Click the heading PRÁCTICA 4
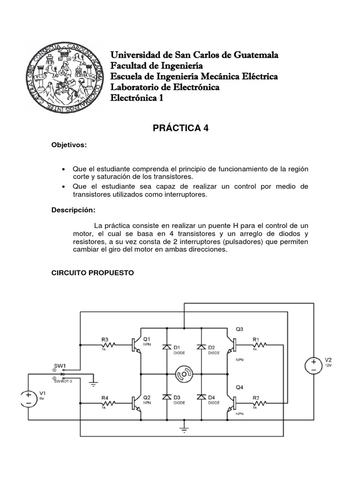(x=180, y=128)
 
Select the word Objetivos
(x=69, y=145)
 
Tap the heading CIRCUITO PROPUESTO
(x=92, y=272)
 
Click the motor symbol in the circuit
(x=184, y=374)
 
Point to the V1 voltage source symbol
(x=28, y=398)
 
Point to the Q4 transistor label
(x=240, y=387)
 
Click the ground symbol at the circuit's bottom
(x=184, y=428)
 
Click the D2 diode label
(x=211, y=347)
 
